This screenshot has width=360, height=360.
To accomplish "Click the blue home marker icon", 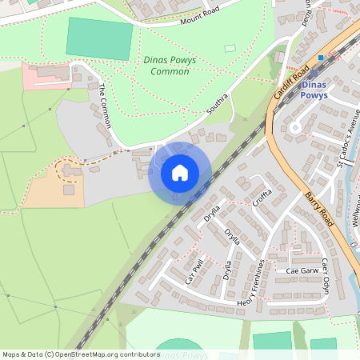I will coord(180,172).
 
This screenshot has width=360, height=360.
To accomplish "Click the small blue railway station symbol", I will coord(320,58).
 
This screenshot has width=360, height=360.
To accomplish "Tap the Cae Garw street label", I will coord(302,271).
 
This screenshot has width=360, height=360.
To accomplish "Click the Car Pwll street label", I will coord(195,270).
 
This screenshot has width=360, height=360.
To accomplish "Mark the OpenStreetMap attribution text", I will coord(80,354).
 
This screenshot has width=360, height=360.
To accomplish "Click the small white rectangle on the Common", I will coord(230,48).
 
